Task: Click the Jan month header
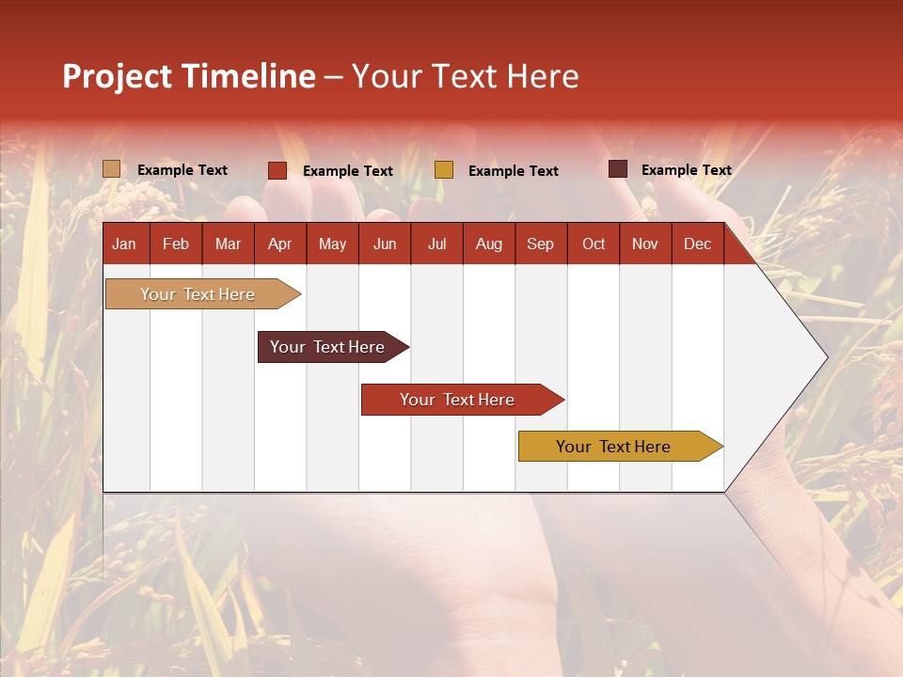[125, 244]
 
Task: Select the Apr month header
[280, 244]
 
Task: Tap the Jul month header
[436, 244]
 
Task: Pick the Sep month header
[541, 244]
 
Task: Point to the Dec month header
[697, 244]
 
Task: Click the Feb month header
[176, 244]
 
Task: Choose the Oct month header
[594, 244]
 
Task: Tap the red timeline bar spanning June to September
[459, 400]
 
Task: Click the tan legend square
[112, 169]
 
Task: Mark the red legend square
[277, 170]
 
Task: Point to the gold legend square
[444, 170]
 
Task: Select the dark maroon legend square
[618, 169]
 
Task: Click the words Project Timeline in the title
[188, 76]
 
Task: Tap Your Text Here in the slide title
[465, 76]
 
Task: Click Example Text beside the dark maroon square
[686, 170]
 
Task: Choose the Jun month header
[385, 244]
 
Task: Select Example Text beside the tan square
[182, 170]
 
